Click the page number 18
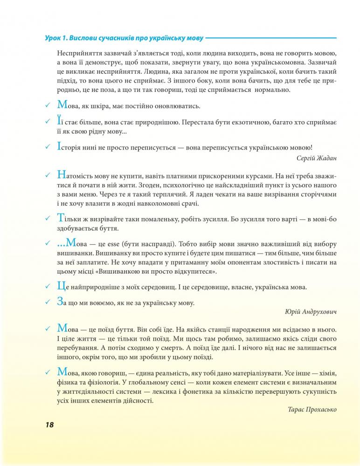(50, 425)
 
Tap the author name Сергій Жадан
(317, 158)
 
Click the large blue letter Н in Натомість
(60, 175)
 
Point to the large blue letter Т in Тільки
(59, 218)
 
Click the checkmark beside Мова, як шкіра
(47, 106)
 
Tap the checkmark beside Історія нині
(47, 146)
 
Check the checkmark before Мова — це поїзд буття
(47, 329)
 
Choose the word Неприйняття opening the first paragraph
(79, 54)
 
